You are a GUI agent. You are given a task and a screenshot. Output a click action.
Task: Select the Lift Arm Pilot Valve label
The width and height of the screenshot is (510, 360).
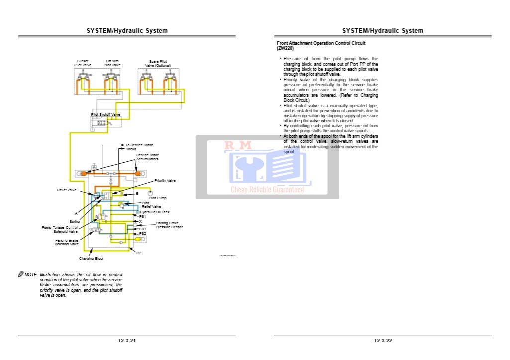click(x=112, y=63)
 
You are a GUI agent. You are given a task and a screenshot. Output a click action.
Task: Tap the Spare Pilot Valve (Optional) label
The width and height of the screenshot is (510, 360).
click(x=158, y=64)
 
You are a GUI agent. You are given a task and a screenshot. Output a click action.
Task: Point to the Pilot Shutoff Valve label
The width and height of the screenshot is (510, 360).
click(x=105, y=114)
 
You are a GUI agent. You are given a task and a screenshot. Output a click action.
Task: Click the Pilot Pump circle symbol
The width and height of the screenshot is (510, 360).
click(x=150, y=192)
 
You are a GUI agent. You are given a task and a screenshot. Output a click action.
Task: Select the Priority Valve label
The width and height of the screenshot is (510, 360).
click(x=165, y=180)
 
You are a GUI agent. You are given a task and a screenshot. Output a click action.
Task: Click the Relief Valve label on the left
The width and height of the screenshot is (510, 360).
click(x=67, y=190)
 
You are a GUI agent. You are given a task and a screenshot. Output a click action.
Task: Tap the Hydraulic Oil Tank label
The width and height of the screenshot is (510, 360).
click(x=154, y=212)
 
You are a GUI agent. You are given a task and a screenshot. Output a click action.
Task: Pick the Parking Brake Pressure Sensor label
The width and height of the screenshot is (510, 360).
click(x=169, y=225)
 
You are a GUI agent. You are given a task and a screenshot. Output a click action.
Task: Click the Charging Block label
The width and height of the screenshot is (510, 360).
click(x=92, y=258)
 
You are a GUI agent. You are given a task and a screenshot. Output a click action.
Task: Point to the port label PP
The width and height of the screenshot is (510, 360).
click(x=139, y=253)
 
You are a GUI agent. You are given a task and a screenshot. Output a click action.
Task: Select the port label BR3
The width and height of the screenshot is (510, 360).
click(x=142, y=229)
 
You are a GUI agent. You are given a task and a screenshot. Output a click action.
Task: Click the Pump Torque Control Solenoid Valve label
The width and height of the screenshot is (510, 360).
click(x=59, y=229)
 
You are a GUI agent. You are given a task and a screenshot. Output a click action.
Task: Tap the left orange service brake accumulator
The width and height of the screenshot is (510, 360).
click(x=84, y=173)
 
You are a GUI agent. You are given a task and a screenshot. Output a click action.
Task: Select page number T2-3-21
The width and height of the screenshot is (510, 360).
click(x=127, y=341)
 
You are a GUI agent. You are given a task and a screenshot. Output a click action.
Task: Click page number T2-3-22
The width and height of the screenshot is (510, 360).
click(x=383, y=341)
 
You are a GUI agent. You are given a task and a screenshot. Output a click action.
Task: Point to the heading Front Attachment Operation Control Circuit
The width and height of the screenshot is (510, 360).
click(x=321, y=43)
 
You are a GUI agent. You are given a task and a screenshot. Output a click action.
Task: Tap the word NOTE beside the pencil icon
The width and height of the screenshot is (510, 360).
click(x=31, y=274)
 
